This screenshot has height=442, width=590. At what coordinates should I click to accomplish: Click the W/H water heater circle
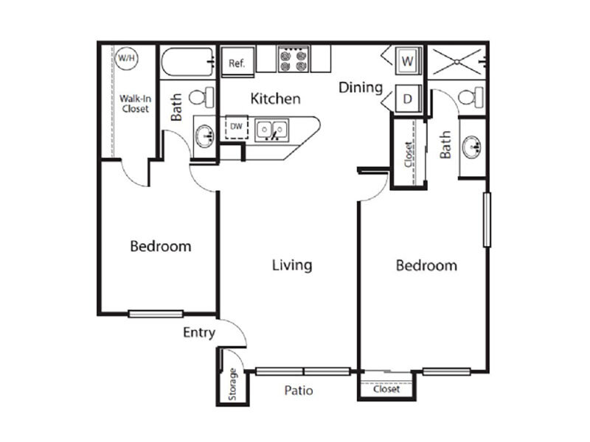(x=126, y=58)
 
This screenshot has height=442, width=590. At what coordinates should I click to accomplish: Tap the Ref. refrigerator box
(x=237, y=62)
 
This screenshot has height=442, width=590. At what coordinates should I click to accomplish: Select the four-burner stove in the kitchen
(x=294, y=59)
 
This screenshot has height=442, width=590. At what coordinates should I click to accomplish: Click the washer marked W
(x=408, y=60)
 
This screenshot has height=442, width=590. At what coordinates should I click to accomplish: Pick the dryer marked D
(x=408, y=99)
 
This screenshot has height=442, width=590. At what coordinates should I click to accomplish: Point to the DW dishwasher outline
(x=237, y=127)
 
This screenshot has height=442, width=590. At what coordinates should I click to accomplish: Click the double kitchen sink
(x=271, y=130)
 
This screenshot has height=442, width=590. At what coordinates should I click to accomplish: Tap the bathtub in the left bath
(x=188, y=62)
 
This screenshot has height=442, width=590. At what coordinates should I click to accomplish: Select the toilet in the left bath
(x=201, y=97)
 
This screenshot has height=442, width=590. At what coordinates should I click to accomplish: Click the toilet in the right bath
(x=471, y=97)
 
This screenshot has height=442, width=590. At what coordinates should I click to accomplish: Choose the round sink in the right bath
(x=472, y=146)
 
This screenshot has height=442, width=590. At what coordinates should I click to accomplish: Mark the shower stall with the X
(x=457, y=62)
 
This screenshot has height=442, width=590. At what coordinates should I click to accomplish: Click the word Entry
(x=199, y=333)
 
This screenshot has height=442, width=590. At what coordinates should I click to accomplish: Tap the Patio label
(x=299, y=390)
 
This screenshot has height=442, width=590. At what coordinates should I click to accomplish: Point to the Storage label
(x=232, y=384)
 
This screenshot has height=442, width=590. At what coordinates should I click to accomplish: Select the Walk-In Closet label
(x=136, y=104)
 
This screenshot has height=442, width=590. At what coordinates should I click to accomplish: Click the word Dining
(x=361, y=88)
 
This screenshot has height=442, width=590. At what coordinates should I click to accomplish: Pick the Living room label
(x=292, y=265)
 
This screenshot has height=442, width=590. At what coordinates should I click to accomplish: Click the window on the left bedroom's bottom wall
(x=156, y=314)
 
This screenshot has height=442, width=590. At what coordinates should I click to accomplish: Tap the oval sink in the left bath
(x=205, y=136)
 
